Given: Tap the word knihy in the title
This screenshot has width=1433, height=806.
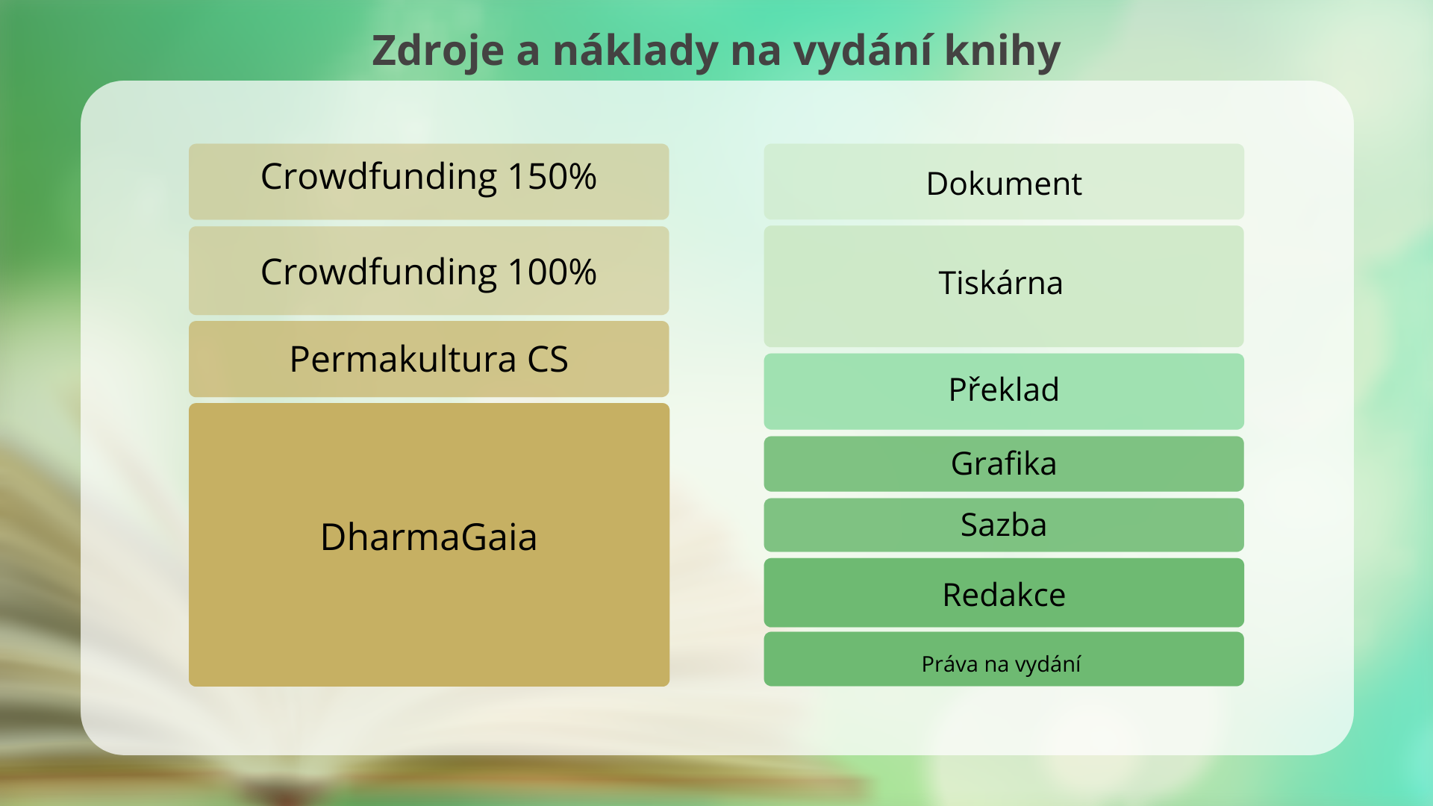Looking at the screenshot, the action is click(x=1002, y=51).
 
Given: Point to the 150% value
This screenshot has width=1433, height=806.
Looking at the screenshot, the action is click(x=552, y=177).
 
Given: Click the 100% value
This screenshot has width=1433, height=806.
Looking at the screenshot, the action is click(x=552, y=272).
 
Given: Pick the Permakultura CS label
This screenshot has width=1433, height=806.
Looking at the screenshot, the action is click(x=429, y=359).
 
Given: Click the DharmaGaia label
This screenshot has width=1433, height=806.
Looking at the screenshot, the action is click(x=429, y=537).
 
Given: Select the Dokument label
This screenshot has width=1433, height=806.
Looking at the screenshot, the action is click(x=1004, y=184).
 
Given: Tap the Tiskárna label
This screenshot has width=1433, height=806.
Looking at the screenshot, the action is click(x=1001, y=283).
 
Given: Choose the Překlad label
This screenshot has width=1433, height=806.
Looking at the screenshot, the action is click(x=1004, y=389).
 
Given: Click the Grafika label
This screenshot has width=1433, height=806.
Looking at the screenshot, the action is click(x=1004, y=463).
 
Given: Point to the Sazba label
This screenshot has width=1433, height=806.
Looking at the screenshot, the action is click(x=1004, y=525).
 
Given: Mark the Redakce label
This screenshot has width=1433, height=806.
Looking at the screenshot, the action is click(x=1004, y=595).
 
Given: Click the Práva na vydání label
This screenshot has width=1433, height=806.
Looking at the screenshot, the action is click(x=1001, y=663).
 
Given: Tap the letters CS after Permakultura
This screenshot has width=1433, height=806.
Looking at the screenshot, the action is click(x=548, y=359).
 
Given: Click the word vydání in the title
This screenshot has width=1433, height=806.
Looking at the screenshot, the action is click(x=863, y=51).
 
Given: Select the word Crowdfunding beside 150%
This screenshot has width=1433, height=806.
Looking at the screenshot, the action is click(x=379, y=177).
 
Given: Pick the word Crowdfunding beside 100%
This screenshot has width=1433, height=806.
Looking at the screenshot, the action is click(x=379, y=272).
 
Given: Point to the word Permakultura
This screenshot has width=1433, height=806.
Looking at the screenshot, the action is click(x=403, y=359).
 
